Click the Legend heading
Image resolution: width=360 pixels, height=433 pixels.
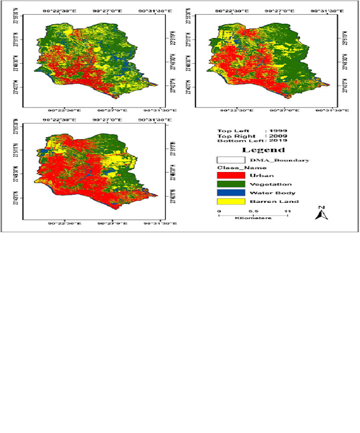[x=255, y=150]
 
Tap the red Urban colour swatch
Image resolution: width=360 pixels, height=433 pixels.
[x=230, y=175]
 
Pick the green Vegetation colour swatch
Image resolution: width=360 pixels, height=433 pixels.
[x=230, y=184]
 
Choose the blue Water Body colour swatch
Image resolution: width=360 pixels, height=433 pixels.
[x=230, y=193]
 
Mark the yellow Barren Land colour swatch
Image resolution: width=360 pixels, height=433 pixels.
[x=230, y=201]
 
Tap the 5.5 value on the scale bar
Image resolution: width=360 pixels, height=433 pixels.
[x=253, y=211]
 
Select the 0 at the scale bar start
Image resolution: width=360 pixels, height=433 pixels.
[x=219, y=211]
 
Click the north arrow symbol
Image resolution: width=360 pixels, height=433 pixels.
[x=322, y=213]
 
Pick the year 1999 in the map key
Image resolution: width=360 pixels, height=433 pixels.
[x=278, y=130]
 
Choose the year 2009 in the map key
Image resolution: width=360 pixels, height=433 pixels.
[x=278, y=136]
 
